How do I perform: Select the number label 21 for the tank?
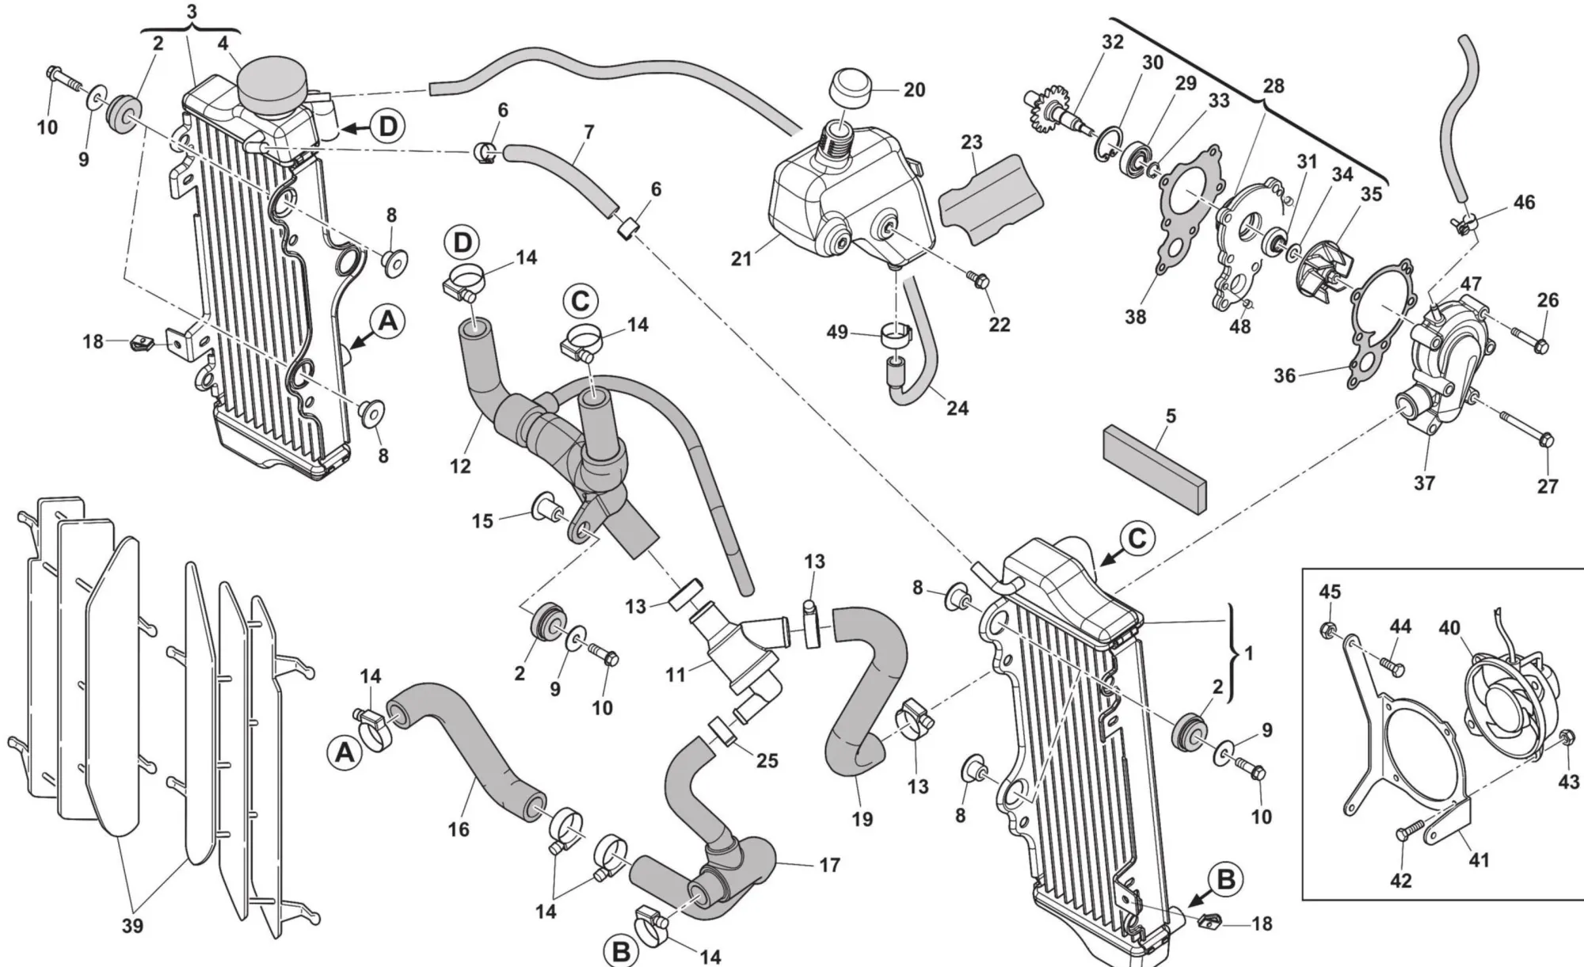[x=741, y=258]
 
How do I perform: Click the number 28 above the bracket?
[x=1274, y=86]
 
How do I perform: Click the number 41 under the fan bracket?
[x=1479, y=859]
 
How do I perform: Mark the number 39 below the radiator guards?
[x=132, y=925]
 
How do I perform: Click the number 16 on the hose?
[x=459, y=829]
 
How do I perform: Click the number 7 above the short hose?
[x=588, y=132]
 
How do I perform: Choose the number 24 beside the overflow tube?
[x=958, y=408]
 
